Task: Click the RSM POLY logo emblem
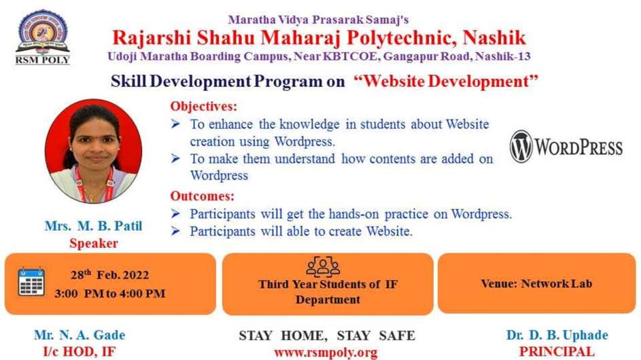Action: [43, 37]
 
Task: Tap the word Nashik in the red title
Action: [494, 37]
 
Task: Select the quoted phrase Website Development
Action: [446, 81]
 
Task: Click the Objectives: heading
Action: [203, 106]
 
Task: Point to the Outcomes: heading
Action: [203, 196]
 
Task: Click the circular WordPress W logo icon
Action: [521, 146]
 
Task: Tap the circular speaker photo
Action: [94, 151]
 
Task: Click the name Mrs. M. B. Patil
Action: [94, 226]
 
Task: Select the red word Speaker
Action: [94, 243]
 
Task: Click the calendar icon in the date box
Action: [31, 281]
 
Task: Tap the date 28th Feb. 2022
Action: [109, 274]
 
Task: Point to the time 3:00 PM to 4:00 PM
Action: [110, 293]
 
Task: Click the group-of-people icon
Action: [323, 266]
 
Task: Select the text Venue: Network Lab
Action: [536, 284]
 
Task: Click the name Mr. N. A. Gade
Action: [80, 335]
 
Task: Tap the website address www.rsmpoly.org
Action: [326, 353]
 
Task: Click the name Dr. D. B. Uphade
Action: [557, 335]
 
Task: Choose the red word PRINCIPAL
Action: [557, 351]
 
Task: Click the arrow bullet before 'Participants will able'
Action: [175, 231]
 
